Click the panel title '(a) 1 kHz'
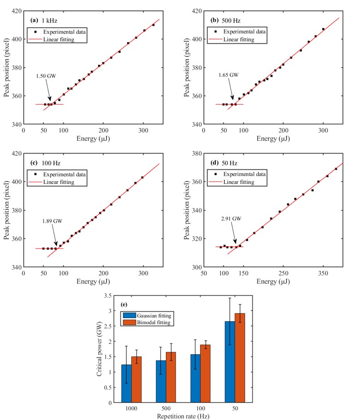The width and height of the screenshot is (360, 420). point(44,21)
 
